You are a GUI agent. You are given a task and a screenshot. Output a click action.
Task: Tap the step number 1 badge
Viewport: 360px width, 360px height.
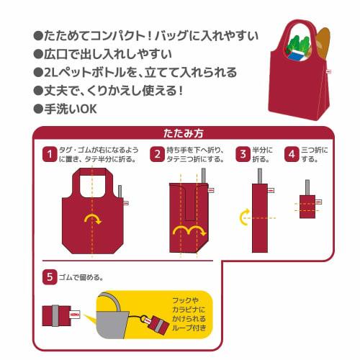[50, 154]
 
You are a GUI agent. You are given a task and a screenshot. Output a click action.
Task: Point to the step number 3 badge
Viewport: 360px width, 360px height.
[244, 154]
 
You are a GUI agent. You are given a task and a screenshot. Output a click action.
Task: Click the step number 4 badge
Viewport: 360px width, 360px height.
[292, 154]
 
